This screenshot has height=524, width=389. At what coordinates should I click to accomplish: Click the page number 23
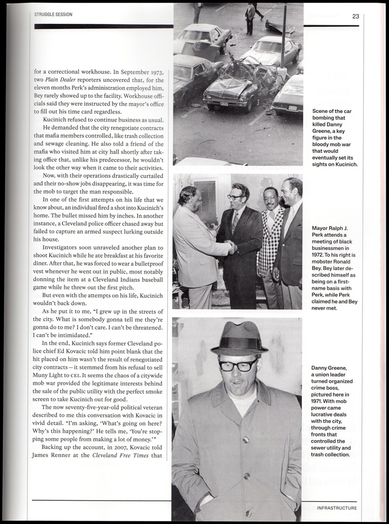click(355, 16)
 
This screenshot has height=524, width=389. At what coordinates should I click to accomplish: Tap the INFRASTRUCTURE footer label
click(337, 508)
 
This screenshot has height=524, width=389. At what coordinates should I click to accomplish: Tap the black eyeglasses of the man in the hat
click(238, 366)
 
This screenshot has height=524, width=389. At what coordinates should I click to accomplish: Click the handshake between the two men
click(231, 247)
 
